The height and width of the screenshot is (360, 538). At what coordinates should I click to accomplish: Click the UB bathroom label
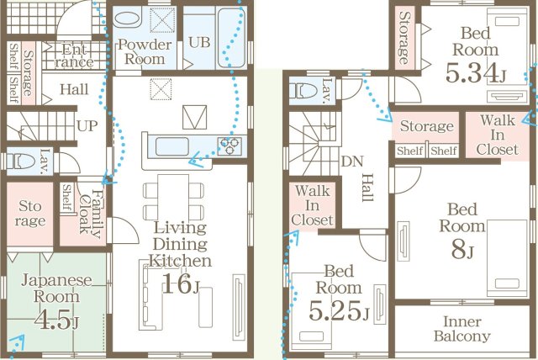199,43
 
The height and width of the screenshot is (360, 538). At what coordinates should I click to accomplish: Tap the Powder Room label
145,52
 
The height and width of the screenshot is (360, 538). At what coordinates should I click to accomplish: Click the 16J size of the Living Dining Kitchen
181,284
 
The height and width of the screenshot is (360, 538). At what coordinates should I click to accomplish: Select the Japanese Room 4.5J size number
56,320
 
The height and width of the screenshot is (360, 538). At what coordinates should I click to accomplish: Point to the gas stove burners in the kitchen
229,146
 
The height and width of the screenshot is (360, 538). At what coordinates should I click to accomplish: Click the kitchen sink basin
171,146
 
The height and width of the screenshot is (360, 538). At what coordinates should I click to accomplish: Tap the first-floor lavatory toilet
22,161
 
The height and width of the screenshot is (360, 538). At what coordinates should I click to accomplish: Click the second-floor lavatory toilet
303,92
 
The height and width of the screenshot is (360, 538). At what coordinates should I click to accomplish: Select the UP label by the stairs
87,126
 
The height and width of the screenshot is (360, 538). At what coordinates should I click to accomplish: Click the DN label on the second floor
352,161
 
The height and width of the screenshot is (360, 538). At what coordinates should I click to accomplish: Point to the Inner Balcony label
462,329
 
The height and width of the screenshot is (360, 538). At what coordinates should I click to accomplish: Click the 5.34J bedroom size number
476,73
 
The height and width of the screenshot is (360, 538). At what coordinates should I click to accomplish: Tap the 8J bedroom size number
462,250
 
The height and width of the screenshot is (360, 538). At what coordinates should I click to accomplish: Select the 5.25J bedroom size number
339,311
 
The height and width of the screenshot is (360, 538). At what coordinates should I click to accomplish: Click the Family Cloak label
90,214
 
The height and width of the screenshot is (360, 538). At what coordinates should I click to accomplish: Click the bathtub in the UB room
231,38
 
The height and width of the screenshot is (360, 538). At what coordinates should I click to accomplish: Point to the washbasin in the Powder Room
127,19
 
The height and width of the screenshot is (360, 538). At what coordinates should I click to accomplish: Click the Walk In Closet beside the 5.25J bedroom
312,205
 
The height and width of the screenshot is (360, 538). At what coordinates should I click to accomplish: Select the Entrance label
75,56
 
